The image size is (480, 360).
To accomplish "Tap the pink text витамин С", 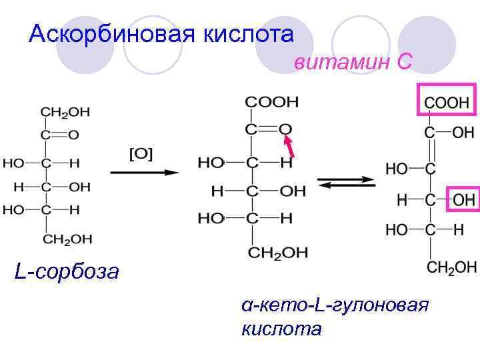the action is [x=353, y=62].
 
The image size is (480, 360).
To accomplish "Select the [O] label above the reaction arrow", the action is [x=141, y=154].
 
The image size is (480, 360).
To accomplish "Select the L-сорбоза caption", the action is [x=67, y=271].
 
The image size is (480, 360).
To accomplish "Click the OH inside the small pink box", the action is [x=465, y=199].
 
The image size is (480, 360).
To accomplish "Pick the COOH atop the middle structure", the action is [x=272, y=102].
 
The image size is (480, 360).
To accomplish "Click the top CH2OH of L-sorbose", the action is [x=65, y=111].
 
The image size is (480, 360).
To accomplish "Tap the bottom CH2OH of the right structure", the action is [x=451, y=267].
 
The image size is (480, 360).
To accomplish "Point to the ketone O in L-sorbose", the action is [x=73, y=134].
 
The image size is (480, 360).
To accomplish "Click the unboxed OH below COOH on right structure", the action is [x=463, y=132].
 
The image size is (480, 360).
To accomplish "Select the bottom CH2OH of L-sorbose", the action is [x=67, y=239].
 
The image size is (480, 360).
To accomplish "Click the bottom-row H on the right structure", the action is [x=458, y=230].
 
